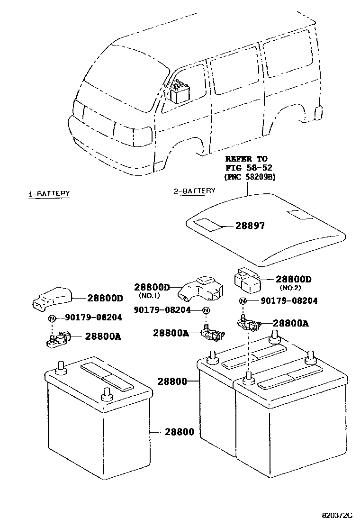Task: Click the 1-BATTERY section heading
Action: (x=49, y=194)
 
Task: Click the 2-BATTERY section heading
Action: (x=194, y=191)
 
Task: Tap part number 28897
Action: (x=250, y=226)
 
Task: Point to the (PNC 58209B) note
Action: (x=250, y=176)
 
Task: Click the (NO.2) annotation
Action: (x=291, y=288)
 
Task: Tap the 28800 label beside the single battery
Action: (x=180, y=432)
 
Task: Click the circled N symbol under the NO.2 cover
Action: (x=243, y=301)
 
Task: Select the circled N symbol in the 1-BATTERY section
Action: (x=52, y=318)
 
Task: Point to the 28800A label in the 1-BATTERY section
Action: (x=103, y=336)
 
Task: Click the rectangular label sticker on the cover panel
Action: (x=209, y=225)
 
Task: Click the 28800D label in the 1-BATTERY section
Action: (x=105, y=298)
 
